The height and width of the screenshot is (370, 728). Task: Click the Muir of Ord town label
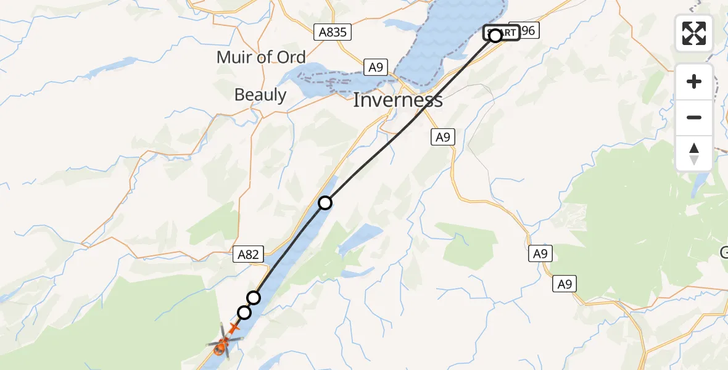(261, 57)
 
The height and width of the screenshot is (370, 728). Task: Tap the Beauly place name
(260, 95)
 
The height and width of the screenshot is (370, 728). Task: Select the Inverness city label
(398, 100)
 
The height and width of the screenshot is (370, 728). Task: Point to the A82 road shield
(249, 253)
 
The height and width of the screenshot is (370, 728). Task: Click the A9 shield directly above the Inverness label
(375, 67)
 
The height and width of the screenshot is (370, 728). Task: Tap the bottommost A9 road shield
(565, 284)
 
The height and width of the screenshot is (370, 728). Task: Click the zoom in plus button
(694, 82)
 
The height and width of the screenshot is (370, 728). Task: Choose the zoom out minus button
(694, 117)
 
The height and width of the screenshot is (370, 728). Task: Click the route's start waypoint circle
(495, 36)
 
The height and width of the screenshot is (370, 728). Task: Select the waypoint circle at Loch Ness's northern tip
(325, 202)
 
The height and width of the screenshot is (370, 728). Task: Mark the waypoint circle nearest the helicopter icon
(244, 313)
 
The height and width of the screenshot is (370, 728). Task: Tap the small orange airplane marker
(234, 328)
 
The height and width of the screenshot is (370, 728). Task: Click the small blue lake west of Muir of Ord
(118, 65)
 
